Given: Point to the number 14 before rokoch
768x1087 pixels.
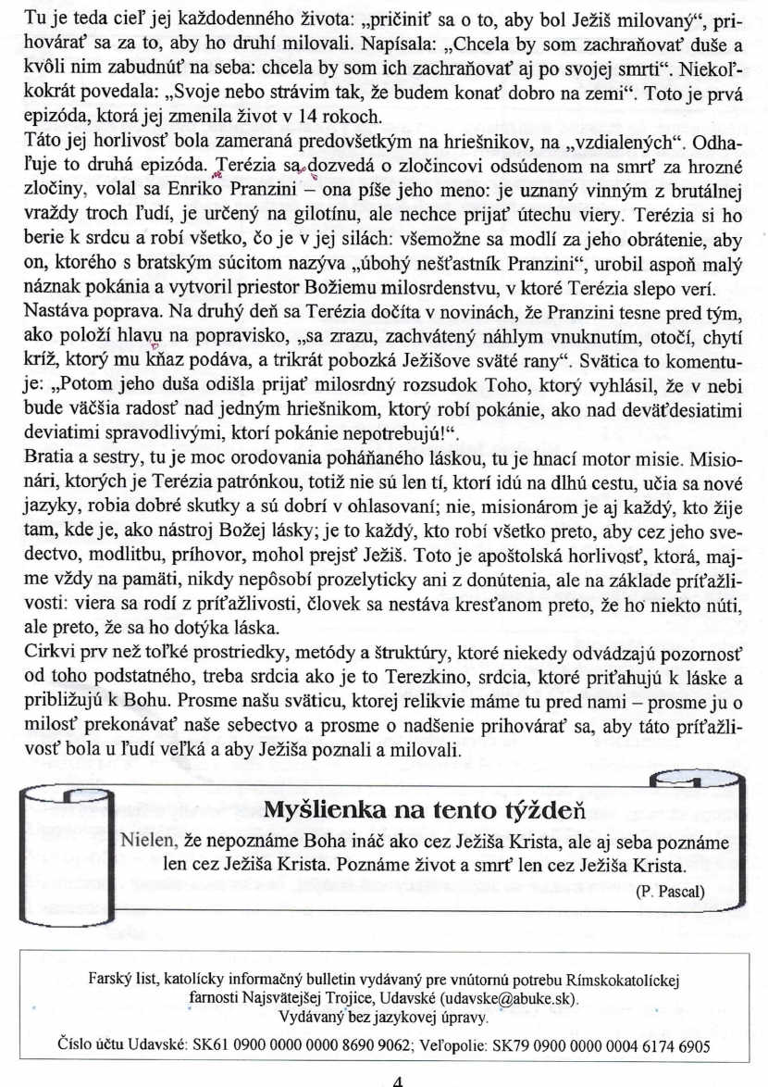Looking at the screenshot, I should click(x=324, y=114).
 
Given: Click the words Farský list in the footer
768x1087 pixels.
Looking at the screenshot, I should click(x=118, y=977).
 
